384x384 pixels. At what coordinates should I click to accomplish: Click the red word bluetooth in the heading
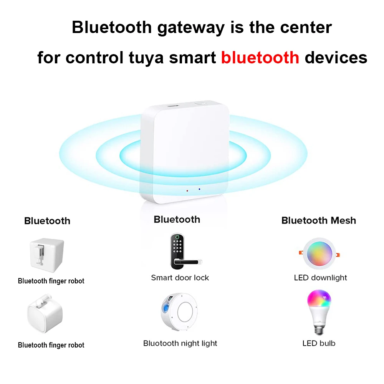tap(260, 58)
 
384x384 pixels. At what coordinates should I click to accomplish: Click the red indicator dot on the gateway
tap(187, 190)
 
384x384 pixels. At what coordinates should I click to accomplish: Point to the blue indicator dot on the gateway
tap(199, 189)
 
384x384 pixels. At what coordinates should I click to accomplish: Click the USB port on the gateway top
tap(172, 104)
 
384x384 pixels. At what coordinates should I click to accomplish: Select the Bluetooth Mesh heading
tap(318, 220)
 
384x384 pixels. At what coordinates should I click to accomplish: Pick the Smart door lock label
tap(180, 278)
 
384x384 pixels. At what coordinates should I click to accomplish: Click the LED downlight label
tap(320, 278)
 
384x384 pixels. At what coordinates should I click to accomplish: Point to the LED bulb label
tap(319, 343)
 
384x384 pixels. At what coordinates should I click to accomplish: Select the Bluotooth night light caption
tap(180, 343)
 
